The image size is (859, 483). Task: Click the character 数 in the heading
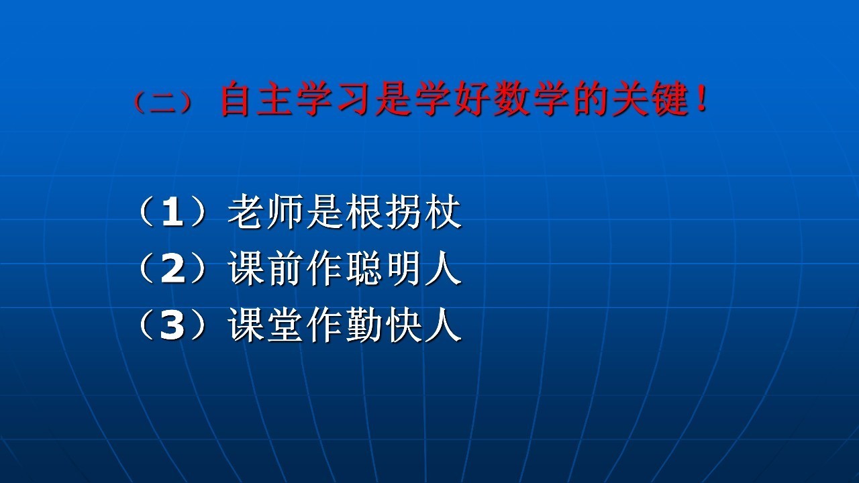pyautogui.click(x=511, y=98)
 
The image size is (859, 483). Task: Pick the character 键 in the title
pyautogui.click(x=668, y=98)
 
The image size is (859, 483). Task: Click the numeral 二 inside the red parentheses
pyautogui.click(x=163, y=103)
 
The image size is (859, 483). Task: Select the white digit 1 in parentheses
pyautogui.click(x=172, y=212)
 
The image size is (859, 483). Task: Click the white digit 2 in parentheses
pyautogui.click(x=172, y=269)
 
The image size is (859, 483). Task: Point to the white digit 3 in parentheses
pyautogui.click(x=172, y=325)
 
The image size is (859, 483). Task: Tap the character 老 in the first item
pyautogui.click(x=246, y=211)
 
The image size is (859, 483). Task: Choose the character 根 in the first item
pyautogui.click(x=364, y=211)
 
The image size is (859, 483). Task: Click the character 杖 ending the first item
pyautogui.click(x=443, y=211)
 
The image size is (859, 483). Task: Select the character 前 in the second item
pyautogui.click(x=285, y=268)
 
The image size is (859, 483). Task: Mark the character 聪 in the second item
pyautogui.click(x=364, y=268)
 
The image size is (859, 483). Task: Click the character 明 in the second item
pyautogui.click(x=403, y=268)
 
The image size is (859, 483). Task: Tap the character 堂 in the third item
pyautogui.click(x=285, y=325)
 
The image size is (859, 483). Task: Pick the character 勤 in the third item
pyautogui.click(x=364, y=325)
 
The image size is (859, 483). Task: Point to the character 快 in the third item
pyautogui.click(x=403, y=325)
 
